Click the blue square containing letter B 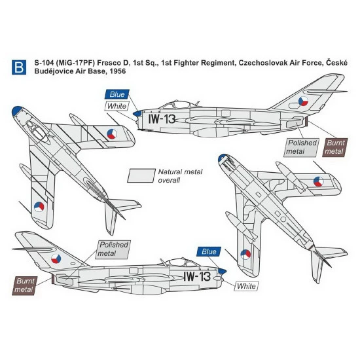tap(18, 66)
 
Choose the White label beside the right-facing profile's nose tap(245, 285)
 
